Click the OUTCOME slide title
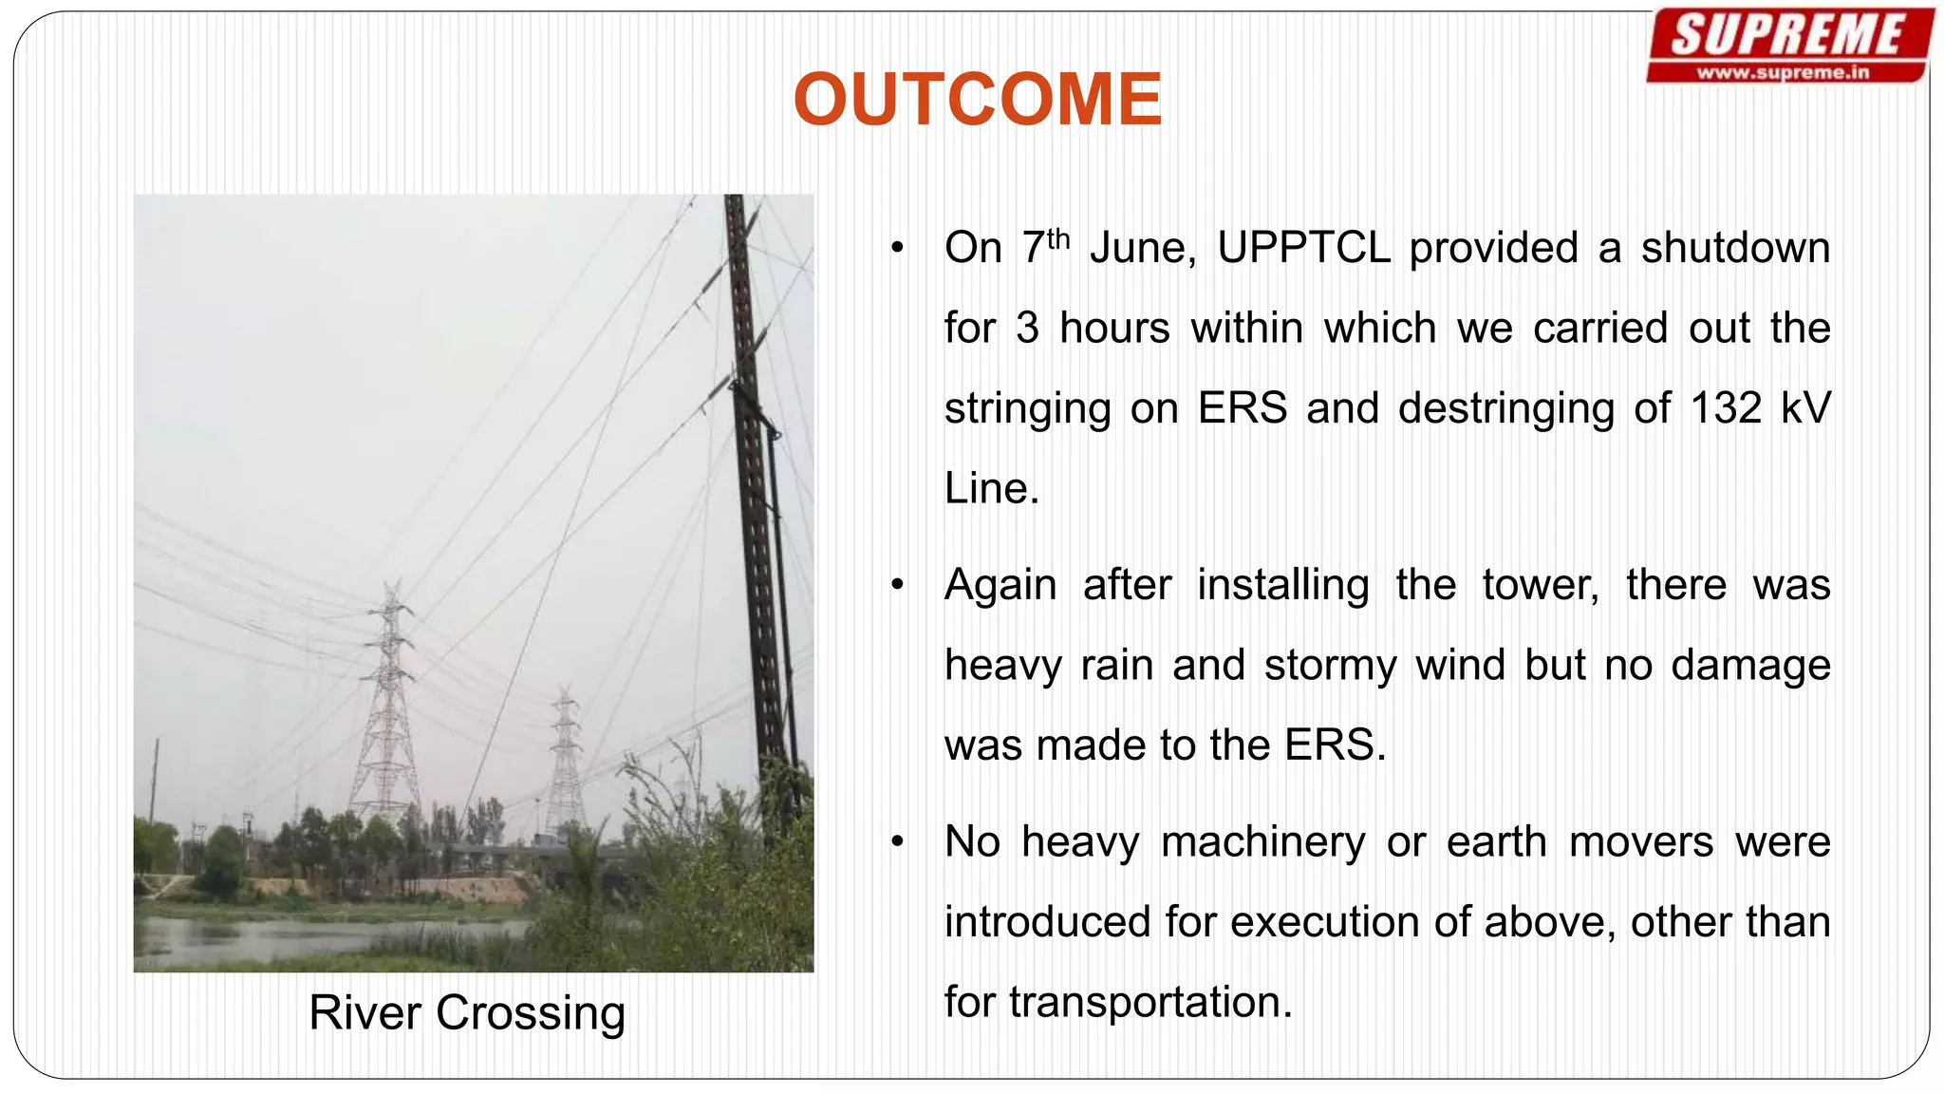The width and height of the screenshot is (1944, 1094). pos(977,100)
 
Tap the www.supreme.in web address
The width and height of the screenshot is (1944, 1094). pos(1783,72)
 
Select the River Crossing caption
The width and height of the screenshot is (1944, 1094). pos(467,1012)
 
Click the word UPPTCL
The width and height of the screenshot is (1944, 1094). pos(1303,248)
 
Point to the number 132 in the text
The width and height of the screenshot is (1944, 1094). pos(1726,408)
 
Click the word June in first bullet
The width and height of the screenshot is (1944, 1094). pos(1142,248)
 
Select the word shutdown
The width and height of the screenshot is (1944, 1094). pos(1735,248)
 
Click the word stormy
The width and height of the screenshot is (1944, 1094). pos(1330,665)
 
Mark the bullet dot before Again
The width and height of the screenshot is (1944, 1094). pos(897,586)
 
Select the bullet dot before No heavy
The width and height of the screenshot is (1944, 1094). pos(897,842)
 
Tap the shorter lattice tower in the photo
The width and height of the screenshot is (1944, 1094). pos(566,760)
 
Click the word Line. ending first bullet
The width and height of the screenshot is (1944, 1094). pos(991,489)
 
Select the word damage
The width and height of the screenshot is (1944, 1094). pos(1750,665)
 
